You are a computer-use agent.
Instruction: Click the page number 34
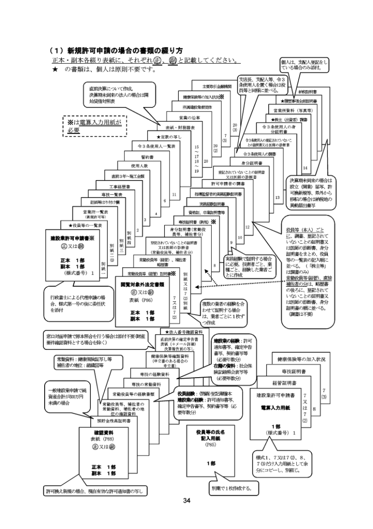tap(186, 501)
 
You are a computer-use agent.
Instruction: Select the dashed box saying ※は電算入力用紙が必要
tap(94, 125)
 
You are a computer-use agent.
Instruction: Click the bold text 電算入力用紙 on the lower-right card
tap(274, 420)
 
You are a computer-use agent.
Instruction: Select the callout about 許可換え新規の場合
tap(96, 492)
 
